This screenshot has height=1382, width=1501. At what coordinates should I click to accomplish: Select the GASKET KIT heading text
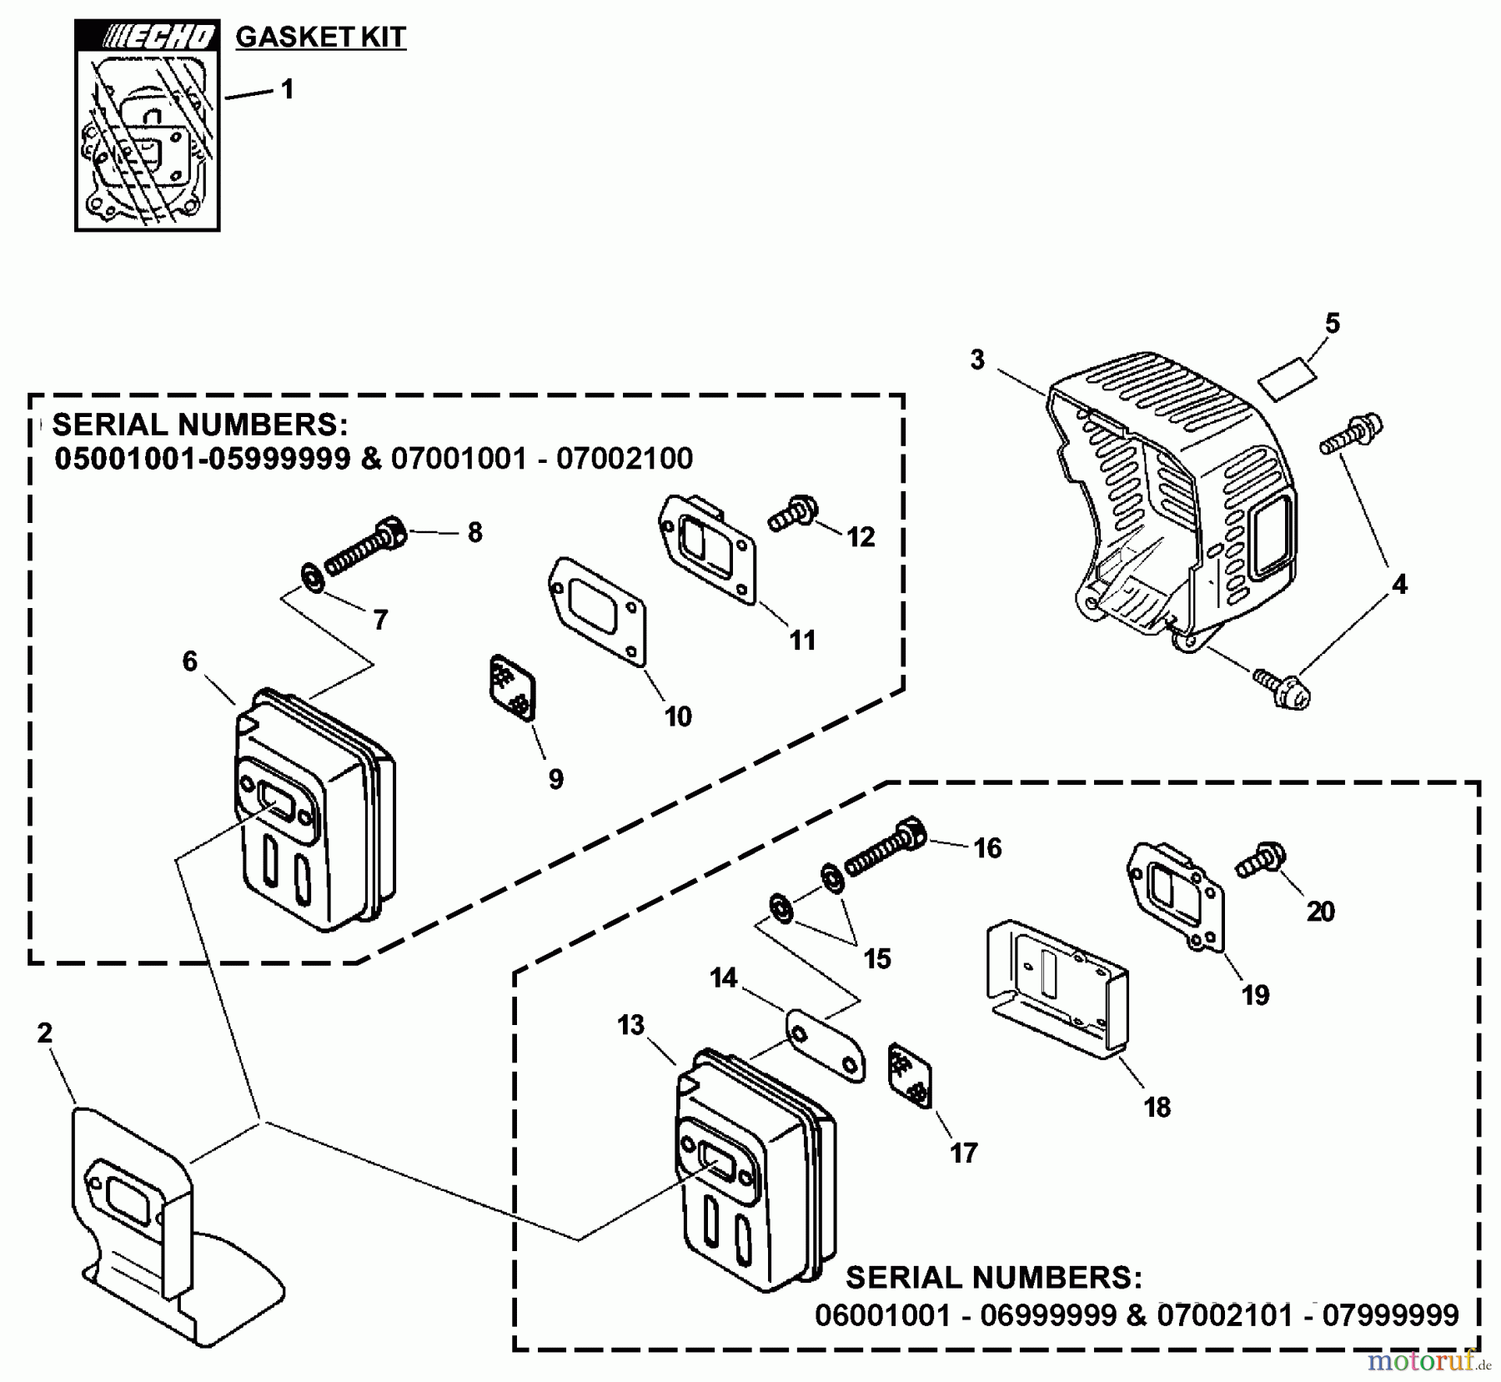pyautogui.click(x=321, y=38)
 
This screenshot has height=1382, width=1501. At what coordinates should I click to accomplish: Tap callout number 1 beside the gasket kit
pyautogui.click(x=288, y=89)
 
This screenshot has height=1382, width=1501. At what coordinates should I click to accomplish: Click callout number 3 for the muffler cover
pyautogui.click(x=977, y=360)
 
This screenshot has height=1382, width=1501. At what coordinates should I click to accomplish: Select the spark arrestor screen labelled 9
pyautogui.click(x=511, y=686)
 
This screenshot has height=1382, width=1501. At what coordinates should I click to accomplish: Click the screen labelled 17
pyautogui.click(x=910, y=1075)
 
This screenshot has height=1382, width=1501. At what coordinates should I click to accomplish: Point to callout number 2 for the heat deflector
pyautogui.click(x=45, y=1033)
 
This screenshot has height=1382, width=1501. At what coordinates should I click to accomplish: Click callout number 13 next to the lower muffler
pyautogui.click(x=631, y=1025)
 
